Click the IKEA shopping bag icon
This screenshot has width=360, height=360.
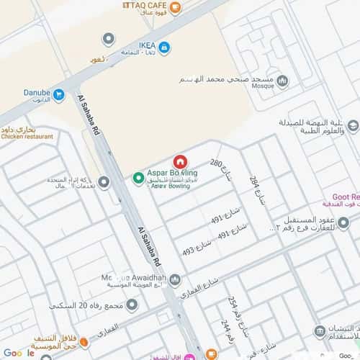(164, 48)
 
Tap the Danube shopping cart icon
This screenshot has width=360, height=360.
(59, 94)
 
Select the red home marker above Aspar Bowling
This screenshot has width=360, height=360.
(180, 161)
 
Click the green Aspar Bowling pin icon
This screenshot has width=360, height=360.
(138, 178)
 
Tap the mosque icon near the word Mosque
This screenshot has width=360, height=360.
(282, 81)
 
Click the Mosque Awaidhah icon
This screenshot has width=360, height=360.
(174, 280)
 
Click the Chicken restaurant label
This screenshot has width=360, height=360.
(27, 136)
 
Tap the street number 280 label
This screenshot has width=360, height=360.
(217, 163)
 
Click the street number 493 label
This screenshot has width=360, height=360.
(189, 251)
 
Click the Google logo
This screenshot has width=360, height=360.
(19, 353)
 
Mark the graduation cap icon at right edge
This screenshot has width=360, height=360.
(353, 127)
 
